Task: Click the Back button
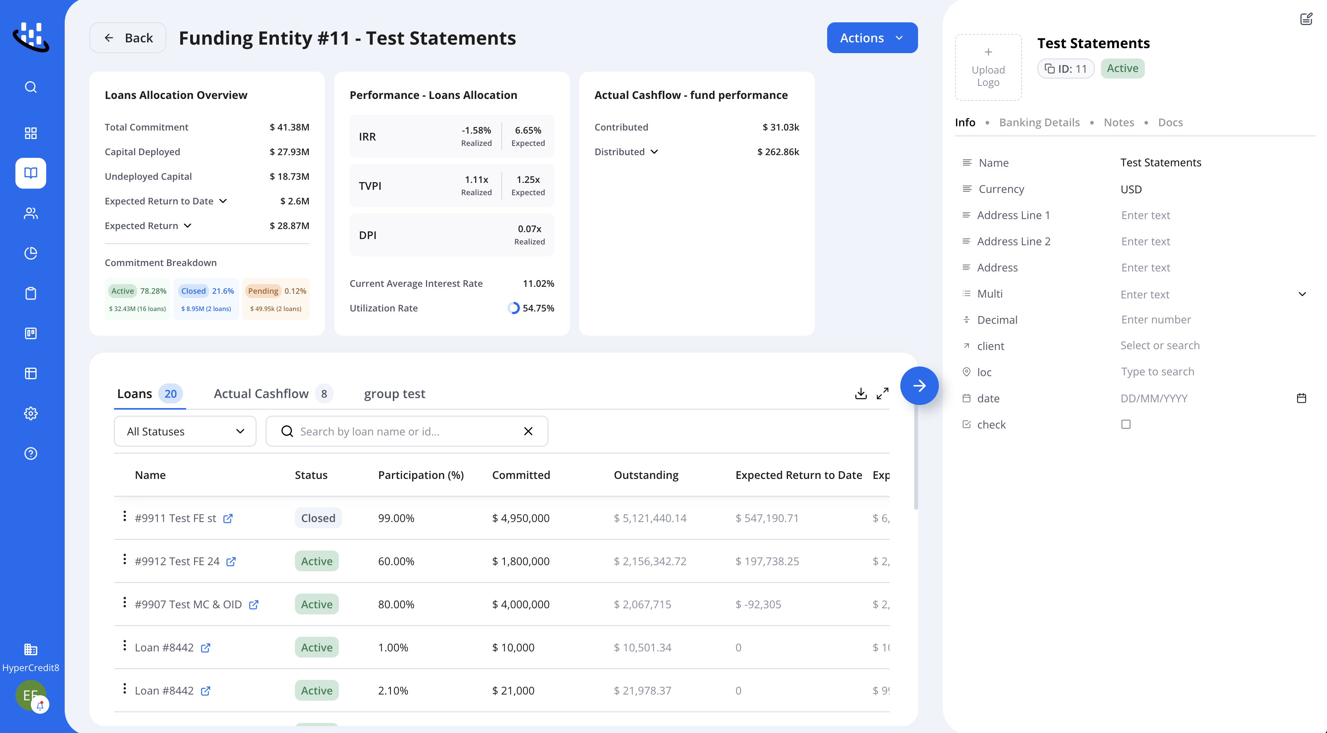point(128,38)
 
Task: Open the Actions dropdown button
point(872,38)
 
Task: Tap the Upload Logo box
point(988,67)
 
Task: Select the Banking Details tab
point(1039,122)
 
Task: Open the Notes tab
point(1119,122)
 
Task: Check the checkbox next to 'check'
point(1126,425)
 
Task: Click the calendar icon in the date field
point(1301,398)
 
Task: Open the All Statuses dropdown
point(185,431)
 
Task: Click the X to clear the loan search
point(528,431)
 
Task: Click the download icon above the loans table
point(861,393)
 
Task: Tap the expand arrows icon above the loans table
point(883,393)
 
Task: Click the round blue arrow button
point(919,385)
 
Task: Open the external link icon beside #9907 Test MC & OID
point(253,605)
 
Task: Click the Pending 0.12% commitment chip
point(276,299)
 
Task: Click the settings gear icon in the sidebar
point(31,413)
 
